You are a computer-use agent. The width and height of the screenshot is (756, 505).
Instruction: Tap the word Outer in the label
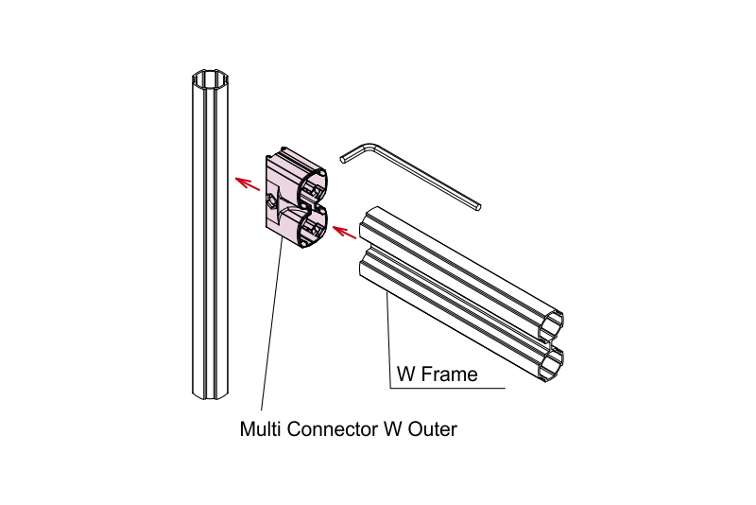[433, 428]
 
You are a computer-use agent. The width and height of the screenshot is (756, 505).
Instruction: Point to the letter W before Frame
[406, 374]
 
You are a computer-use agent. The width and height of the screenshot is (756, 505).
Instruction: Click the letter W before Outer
[393, 428]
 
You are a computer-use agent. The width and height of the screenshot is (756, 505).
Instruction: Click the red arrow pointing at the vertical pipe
[248, 183]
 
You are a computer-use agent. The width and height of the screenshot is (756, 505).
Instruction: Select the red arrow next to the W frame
[344, 232]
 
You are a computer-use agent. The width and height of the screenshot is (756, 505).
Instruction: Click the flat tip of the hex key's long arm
[477, 207]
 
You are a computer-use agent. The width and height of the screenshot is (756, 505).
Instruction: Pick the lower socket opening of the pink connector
[315, 230]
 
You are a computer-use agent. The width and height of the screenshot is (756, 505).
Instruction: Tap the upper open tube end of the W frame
[550, 325]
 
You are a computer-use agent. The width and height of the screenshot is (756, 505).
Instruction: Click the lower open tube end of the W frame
[551, 365]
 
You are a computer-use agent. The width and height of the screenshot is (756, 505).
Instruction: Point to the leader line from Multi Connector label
[272, 323]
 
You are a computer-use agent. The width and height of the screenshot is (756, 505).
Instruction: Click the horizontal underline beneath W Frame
[448, 388]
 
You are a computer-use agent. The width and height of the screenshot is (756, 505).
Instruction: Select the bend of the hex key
[371, 146]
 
